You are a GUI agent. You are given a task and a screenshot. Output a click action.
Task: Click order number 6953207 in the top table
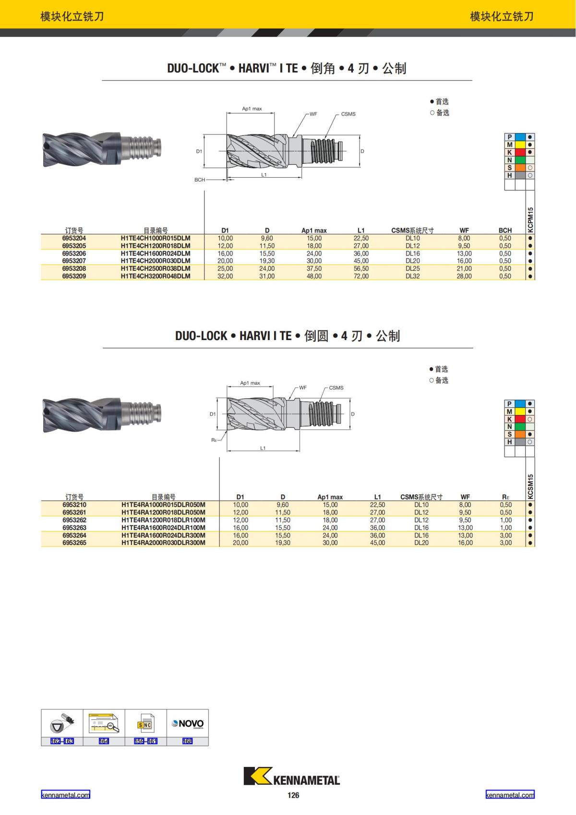(x=74, y=261)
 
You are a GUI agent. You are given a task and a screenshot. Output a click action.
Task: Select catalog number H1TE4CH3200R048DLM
(x=156, y=276)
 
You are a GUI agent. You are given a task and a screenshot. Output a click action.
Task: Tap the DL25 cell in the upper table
(x=413, y=268)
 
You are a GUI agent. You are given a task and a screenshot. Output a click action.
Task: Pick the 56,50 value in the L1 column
(x=361, y=268)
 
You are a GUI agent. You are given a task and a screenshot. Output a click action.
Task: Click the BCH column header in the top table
(x=505, y=231)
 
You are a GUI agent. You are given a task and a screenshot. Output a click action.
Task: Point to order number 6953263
(x=74, y=527)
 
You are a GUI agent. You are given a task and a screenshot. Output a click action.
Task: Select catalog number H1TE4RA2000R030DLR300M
(x=163, y=543)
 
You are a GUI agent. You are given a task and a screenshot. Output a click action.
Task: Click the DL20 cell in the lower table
(x=421, y=543)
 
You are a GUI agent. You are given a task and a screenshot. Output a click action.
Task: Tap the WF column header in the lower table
(x=465, y=497)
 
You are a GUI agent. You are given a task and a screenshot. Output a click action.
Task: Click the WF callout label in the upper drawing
(x=313, y=114)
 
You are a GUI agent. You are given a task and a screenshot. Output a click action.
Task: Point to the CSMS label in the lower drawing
(x=336, y=388)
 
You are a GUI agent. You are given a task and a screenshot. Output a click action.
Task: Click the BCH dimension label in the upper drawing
(x=200, y=180)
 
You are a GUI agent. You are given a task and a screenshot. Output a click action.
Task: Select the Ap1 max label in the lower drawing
(x=250, y=383)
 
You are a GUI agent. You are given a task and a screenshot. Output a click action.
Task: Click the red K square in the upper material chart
(x=519, y=152)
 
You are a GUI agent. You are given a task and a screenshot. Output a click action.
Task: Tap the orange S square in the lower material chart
(x=519, y=434)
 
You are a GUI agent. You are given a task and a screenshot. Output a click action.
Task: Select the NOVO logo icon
(x=188, y=723)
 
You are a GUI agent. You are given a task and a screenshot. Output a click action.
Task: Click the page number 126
(x=293, y=795)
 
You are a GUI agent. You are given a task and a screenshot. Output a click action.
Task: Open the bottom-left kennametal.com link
(x=65, y=795)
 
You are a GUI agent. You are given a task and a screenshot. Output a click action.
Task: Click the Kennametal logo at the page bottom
(x=292, y=776)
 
